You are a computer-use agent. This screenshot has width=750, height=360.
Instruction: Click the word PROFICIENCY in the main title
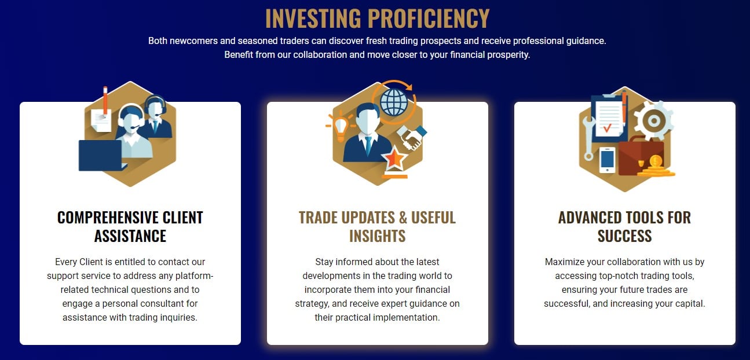429,18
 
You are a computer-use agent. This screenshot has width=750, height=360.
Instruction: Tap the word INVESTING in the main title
313,18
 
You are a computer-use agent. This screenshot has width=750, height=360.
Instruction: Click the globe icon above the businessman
394,102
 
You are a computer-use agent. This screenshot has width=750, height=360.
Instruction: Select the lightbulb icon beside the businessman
340,127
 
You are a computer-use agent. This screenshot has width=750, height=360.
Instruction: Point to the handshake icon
412,137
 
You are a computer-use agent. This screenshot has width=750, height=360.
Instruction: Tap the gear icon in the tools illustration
653,120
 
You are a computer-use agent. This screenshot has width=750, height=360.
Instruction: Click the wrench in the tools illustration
588,138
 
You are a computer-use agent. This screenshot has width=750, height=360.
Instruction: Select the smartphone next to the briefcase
607,160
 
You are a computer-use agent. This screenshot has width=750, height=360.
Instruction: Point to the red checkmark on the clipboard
608,127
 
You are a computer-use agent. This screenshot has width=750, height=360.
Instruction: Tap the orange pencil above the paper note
105,100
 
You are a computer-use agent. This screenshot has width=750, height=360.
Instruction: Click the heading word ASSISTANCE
130,236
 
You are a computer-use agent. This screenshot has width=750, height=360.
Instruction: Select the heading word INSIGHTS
378,236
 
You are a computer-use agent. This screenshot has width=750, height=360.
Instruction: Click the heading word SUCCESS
625,236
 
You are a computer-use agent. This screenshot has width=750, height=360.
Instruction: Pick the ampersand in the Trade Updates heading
403,218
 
